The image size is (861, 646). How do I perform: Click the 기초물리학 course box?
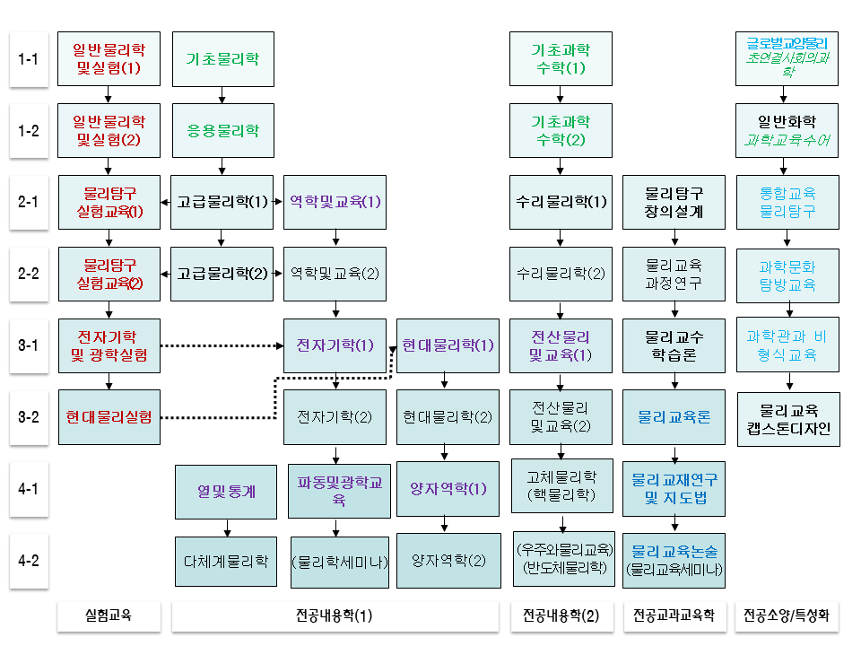tap(222, 59)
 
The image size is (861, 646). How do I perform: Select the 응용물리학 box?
tap(222, 131)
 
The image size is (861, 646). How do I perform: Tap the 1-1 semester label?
tap(29, 60)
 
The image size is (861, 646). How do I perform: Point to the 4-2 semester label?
tap(29, 561)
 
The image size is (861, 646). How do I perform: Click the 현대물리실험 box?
tap(109, 417)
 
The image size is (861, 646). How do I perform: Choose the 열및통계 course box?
tap(226, 491)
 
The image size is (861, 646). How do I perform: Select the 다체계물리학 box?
tap(226, 562)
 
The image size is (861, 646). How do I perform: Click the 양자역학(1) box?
tap(448, 489)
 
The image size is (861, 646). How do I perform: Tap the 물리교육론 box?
tap(674, 417)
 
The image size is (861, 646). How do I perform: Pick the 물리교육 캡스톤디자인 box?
tap(787, 418)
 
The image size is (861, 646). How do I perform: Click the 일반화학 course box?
tap(787, 131)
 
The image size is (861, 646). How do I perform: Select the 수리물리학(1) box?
tap(561, 202)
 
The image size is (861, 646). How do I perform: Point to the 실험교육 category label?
tap(109, 616)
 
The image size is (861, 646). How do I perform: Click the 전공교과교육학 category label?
tap(674, 616)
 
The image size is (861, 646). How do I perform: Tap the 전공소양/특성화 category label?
tap(787, 616)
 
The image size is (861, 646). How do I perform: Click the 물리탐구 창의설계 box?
tap(674, 202)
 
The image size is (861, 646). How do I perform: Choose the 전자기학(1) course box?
tap(335, 345)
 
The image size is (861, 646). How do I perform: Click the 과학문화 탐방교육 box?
tap(787, 275)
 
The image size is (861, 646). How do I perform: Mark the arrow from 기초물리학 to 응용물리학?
tap(222, 95)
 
